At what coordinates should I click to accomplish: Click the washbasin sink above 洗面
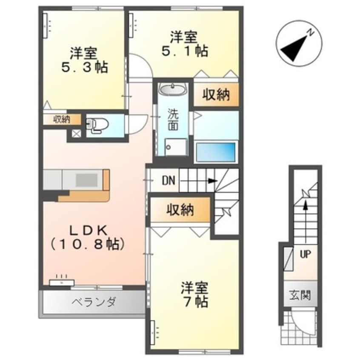pyautogui.click(x=172, y=90)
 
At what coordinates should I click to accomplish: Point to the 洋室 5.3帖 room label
pyautogui.click(x=84, y=60)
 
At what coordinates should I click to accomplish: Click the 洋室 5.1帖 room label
pyautogui.click(x=184, y=44)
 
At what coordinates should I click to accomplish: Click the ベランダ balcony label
pyautogui.click(x=93, y=303)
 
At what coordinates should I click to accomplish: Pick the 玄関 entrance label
pyautogui.click(x=300, y=294)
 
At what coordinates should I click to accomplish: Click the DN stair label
pyautogui.click(x=169, y=180)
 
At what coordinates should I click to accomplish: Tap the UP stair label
pyautogui.click(x=305, y=254)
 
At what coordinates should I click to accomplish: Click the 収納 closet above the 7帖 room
pyautogui.click(x=180, y=209)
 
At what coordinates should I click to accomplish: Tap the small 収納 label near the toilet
pyautogui.click(x=62, y=120)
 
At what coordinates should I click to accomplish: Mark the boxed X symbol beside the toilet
pyautogui.click(x=76, y=133)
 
